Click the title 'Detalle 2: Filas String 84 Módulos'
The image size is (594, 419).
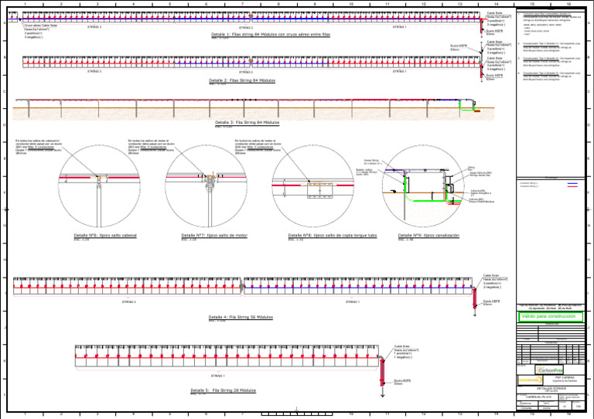point(241,80)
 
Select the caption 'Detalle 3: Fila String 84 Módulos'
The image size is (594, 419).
point(247,122)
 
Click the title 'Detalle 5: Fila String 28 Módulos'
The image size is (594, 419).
point(224,391)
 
